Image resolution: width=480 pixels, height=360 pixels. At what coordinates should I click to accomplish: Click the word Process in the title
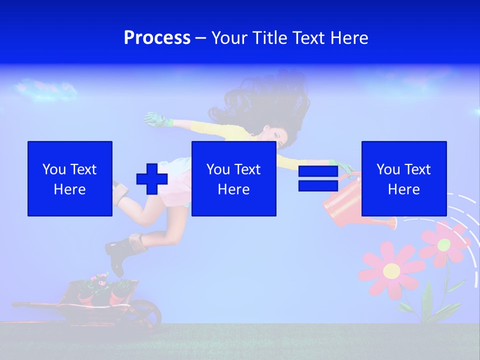click(157, 38)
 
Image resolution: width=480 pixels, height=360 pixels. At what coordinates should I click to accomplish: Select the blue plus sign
click(152, 179)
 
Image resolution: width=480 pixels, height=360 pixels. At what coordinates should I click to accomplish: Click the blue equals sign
click(318, 178)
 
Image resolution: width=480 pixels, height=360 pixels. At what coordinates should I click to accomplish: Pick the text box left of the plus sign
click(70, 178)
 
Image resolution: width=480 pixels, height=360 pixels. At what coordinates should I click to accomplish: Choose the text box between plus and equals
click(233, 178)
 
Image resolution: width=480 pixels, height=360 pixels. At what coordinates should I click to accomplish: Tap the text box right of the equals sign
click(403, 178)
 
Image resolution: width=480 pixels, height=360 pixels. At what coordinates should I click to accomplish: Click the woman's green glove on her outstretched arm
click(156, 119)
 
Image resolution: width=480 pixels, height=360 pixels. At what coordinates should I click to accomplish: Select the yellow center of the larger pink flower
click(391, 271)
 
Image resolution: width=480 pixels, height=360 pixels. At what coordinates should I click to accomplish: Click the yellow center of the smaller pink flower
click(444, 244)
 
